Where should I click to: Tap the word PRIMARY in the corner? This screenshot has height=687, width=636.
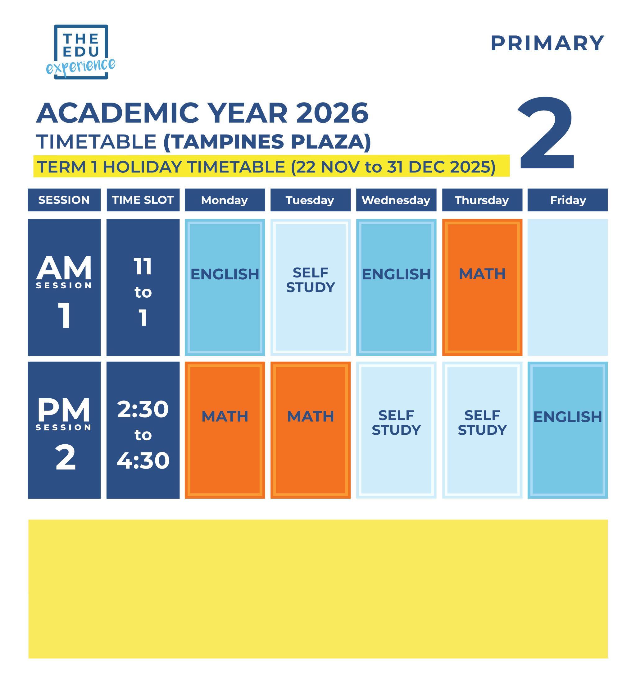pyautogui.click(x=547, y=44)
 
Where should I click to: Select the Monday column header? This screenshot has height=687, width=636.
pyautogui.click(x=225, y=200)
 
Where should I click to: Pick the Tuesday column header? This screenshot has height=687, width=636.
pyautogui.click(x=311, y=200)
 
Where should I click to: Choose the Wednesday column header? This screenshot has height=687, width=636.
pyautogui.click(x=396, y=200)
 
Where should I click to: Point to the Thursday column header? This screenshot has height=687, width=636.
pyautogui.click(x=482, y=200)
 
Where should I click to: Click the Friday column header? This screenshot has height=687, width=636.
pyautogui.click(x=567, y=200)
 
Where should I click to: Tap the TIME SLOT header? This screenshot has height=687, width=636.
pyautogui.click(x=143, y=200)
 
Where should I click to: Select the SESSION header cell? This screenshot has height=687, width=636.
pyautogui.click(x=64, y=200)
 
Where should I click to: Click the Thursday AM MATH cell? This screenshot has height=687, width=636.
pyautogui.click(x=482, y=287)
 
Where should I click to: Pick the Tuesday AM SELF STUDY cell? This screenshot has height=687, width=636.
pyautogui.click(x=311, y=287)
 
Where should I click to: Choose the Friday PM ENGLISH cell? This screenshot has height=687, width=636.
pyautogui.click(x=567, y=430)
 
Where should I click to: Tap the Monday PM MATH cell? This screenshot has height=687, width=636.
pyautogui.click(x=225, y=430)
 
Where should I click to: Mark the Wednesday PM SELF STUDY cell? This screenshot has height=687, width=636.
pyautogui.click(x=396, y=430)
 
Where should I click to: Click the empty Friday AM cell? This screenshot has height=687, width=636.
pyautogui.click(x=567, y=287)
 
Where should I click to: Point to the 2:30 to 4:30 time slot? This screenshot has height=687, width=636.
pyautogui.click(x=143, y=430)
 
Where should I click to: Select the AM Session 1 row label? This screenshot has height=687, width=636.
pyautogui.click(x=64, y=287)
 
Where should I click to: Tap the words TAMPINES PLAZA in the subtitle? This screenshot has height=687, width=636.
pyautogui.click(x=267, y=142)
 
